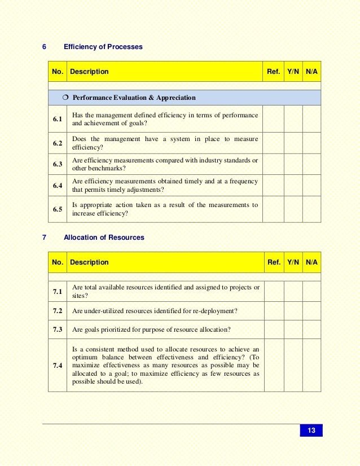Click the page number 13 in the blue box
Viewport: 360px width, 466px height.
(x=311, y=431)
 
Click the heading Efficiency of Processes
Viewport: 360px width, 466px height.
(x=103, y=47)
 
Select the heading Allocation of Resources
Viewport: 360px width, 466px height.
(x=104, y=238)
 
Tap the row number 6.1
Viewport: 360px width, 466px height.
(x=58, y=120)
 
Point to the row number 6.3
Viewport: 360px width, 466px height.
(x=58, y=164)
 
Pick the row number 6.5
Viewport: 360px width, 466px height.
(x=58, y=209)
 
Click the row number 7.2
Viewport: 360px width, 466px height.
(x=58, y=311)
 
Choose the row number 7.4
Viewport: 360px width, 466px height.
(x=58, y=366)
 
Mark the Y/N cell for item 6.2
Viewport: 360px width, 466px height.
(x=293, y=143)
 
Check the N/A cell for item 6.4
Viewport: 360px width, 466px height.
(x=311, y=186)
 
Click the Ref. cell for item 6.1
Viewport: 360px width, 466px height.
(x=273, y=119)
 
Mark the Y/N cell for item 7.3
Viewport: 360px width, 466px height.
(x=293, y=329)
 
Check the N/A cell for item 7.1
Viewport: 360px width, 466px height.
(x=311, y=291)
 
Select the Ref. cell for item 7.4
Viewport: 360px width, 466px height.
(x=274, y=366)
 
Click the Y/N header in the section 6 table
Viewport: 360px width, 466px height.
(x=293, y=72)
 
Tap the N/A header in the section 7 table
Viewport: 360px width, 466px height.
(x=311, y=262)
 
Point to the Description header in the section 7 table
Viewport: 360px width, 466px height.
(x=89, y=262)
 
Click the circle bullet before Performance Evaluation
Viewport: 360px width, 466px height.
(x=65, y=98)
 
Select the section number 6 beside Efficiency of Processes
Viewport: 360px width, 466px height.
(x=45, y=47)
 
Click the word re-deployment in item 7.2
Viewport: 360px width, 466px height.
(x=216, y=311)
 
